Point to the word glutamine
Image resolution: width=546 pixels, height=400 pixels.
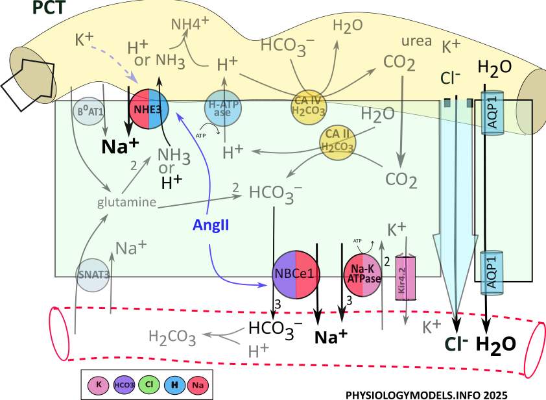tap(127, 203)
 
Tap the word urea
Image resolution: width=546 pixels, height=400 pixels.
tap(417, 41)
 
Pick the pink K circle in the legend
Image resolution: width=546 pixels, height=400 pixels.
tap(99, 384)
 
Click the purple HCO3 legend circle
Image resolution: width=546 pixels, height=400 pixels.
tap(124, 384)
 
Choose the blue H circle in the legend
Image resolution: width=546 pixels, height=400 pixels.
tap(174, 384)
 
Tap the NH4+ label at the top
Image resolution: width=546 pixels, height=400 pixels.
tap(190, 25)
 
